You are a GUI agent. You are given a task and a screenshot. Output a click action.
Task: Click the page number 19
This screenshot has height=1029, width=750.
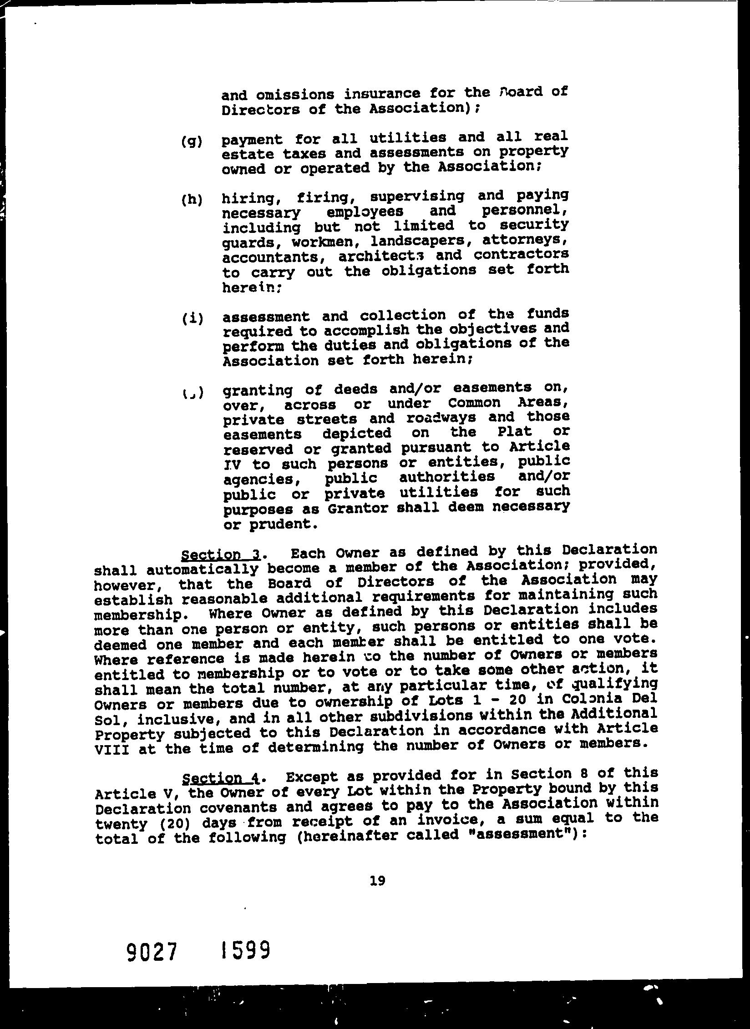pyautogui.click(x=378, y=881)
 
